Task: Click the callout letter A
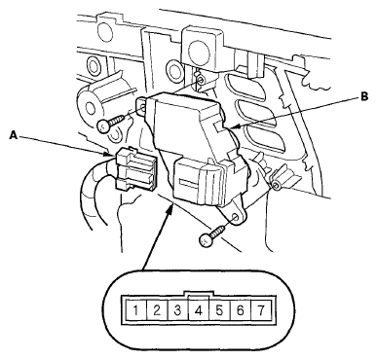[x=14, y=135]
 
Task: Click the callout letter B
[x=364, y=96]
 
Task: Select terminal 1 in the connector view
[x=135, y=311]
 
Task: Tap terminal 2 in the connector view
[x=157, y=311]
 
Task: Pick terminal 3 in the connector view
[x=177, y=311]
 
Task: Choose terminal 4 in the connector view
[x=199, y=311]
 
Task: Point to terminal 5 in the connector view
[x=219, y=311]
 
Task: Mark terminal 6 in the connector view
[x=241, y=311]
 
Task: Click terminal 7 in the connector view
[x=261, y=311]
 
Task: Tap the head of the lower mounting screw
[x=206, y=240]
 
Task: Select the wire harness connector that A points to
[x=134, y=168]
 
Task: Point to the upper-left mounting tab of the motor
[x=141, y=104]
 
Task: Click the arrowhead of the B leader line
[x=236, y=126]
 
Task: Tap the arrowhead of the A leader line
[x=109, y=155]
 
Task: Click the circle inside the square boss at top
[x=198, y=49]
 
